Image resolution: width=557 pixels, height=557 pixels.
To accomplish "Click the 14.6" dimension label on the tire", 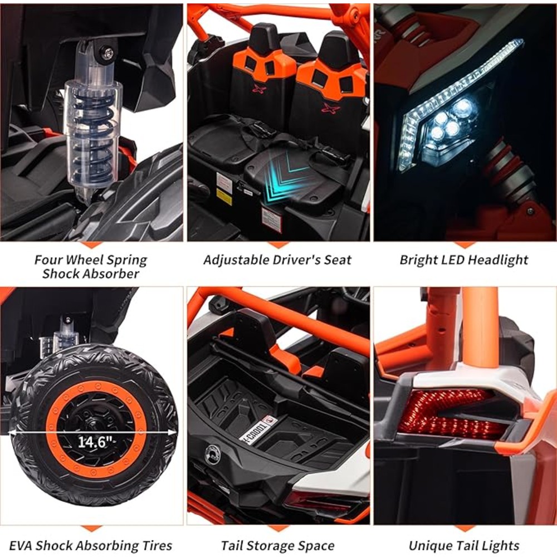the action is click(x=95, y=442).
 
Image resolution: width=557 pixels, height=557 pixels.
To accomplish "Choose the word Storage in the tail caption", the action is click(x=273, y=546).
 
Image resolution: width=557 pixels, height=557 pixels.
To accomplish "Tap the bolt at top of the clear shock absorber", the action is click(x=109, y=53).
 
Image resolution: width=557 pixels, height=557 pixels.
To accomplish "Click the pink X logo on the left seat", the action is click(x=259, y=88).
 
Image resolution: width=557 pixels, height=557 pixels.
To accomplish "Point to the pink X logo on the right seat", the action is click(x=330, y=108).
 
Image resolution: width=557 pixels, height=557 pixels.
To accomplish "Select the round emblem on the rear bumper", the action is click(x=212, y=453).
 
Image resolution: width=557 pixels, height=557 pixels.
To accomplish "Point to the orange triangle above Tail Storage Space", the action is click(x=278, y=529).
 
